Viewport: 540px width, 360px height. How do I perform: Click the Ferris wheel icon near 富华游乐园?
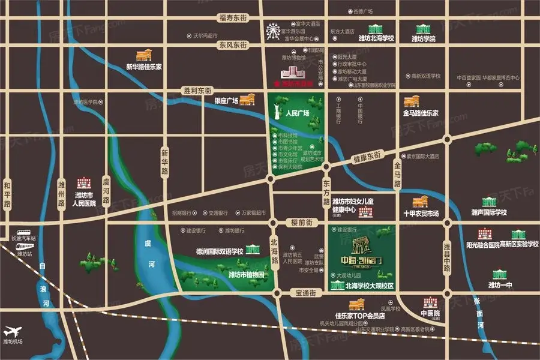pos(274,29)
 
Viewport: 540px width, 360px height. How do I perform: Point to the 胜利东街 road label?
pos(197,90)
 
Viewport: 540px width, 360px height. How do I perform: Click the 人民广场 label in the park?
pos(298,112)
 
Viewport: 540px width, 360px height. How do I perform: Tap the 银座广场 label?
pos(227,100)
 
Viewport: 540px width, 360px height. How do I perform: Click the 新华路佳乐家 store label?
pos(144,67)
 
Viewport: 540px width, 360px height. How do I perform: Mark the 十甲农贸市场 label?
pos(421,213)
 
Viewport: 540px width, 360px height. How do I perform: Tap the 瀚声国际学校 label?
pos(489,212)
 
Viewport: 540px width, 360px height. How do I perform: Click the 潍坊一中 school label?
pos(500,284)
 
